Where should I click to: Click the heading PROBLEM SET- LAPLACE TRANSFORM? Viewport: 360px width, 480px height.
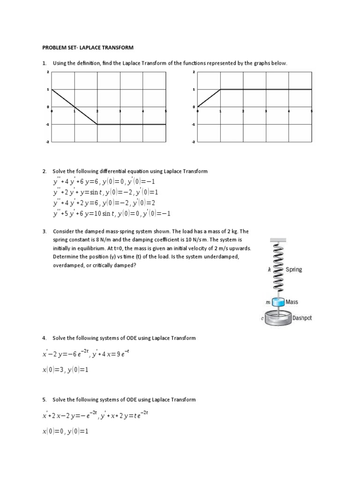tap(88, 47)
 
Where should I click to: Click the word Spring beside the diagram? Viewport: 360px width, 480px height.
tap(292, 270)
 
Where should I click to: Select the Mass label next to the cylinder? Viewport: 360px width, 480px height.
tap(292, 302)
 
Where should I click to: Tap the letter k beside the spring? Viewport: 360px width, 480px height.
tap(269, 270)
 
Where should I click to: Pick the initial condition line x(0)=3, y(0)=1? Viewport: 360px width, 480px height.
tap(65, 370)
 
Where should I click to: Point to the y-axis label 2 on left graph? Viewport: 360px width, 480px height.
tap(48, 72)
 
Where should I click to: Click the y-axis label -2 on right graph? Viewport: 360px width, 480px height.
tap(194, 142)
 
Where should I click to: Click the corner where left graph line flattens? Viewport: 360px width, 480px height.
tap(97, 124)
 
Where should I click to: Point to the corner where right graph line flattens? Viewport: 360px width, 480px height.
tap(220, 89)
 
